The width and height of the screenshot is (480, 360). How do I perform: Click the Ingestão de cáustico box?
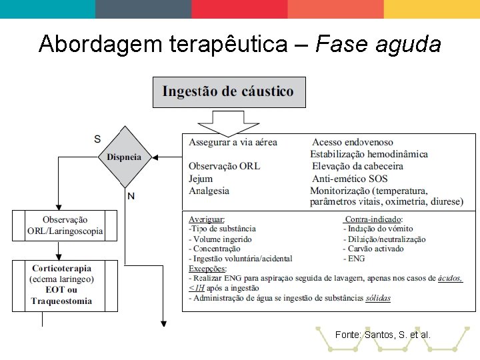229,92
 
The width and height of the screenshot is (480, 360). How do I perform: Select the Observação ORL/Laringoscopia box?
65,225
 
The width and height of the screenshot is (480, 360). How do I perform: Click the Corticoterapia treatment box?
65,285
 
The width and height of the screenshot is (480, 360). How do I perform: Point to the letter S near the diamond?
97,139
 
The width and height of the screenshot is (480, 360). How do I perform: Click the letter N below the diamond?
131,195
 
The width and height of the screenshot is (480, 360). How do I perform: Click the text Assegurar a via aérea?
233,142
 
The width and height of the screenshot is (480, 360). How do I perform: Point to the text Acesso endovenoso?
353,142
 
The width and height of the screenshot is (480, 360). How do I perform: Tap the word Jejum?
201,179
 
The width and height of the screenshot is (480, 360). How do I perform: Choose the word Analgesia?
209,191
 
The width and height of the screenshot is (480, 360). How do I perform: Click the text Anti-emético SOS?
349,179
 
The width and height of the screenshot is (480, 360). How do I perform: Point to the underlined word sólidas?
378,298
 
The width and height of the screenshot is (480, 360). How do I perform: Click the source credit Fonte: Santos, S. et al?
383,334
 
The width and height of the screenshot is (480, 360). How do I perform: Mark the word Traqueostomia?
61,301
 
